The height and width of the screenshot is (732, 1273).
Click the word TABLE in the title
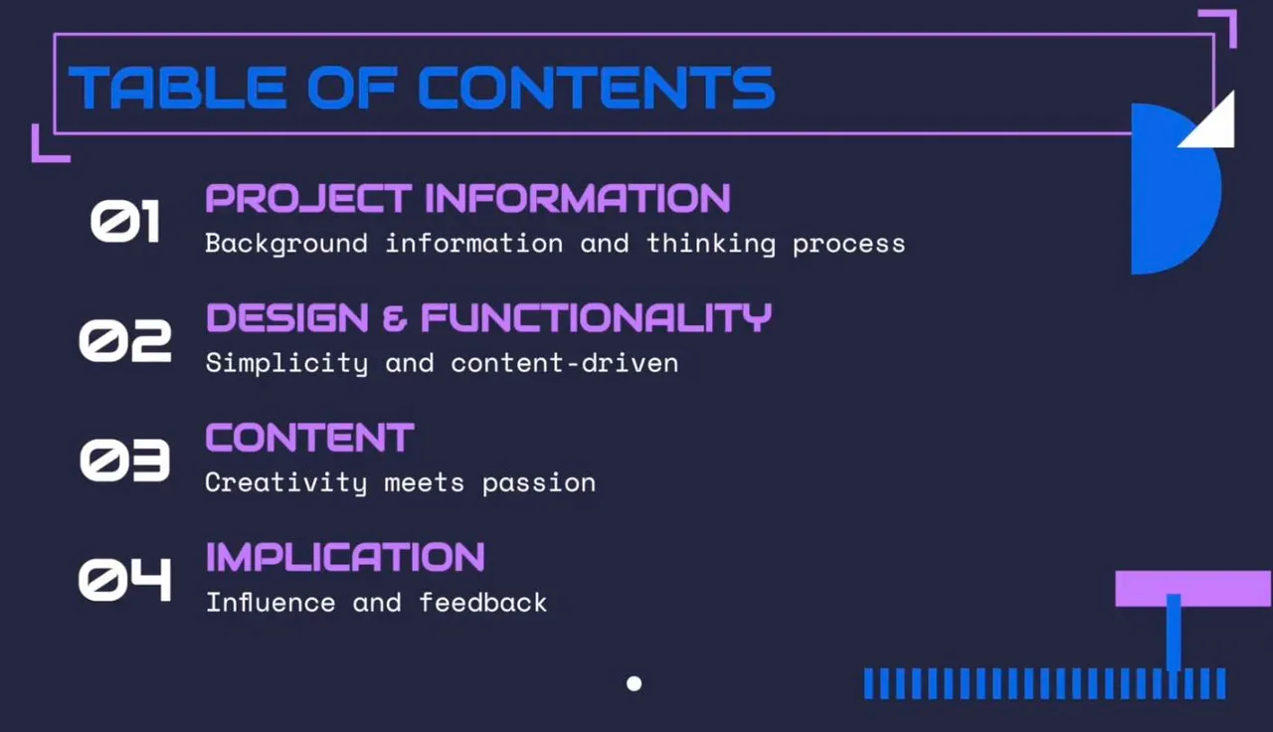click(x=177, y=87)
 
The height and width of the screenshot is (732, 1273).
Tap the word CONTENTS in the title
click(x=596, y=87)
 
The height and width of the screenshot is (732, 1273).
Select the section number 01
click(x=125, y=221)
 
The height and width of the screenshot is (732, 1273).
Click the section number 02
click(x=125, y=340)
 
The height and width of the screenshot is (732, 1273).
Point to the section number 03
click(x=125, y=459)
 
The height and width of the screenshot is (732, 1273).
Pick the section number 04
click(x=125, y=579)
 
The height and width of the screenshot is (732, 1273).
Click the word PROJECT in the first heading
click(x=308, y=198)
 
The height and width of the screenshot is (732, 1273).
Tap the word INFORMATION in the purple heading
click(x=578, y=198)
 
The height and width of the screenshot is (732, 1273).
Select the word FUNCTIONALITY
click(x=596, y=317)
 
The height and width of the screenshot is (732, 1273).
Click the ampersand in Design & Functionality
click(x=395, y=317)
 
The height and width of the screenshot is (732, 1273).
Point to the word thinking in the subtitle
click(x=711, y=244)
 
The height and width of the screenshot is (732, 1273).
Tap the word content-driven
click(x=564, y=363)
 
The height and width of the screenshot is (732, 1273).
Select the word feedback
click(x=483, y=602)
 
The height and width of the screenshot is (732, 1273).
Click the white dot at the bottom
click(x=635, y=683)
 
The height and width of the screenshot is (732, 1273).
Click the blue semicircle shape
click(x=1171, y=189)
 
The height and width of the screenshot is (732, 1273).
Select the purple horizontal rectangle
click(x=1193, y=589)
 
